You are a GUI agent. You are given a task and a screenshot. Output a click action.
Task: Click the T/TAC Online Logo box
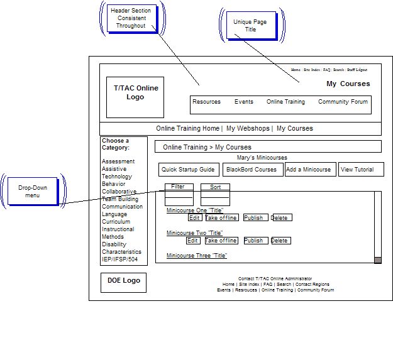point(135,97)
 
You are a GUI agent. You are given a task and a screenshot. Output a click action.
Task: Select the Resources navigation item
point(206,102)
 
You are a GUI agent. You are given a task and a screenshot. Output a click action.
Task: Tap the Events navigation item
point(244,102)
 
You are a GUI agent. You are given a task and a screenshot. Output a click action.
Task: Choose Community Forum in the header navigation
point(343,102)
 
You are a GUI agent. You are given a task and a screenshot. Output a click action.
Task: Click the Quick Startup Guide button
point(188,170)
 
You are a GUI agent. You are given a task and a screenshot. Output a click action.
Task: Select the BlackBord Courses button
point(252,170)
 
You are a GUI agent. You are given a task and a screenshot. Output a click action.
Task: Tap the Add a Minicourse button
point(308,170)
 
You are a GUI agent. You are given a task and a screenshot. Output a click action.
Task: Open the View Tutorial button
point(357,170)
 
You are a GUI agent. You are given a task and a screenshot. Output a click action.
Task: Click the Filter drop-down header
point(178,187)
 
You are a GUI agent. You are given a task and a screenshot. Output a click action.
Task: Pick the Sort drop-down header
point(215,187)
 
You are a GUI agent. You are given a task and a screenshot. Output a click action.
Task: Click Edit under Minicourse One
point(195,218)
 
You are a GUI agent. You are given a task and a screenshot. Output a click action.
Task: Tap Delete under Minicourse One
point(280,218)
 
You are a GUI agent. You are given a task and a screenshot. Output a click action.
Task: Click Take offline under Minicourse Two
point(221,241)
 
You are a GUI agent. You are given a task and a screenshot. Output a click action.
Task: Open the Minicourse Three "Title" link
point(197,256)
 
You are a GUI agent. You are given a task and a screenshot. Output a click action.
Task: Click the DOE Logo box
point(123,281)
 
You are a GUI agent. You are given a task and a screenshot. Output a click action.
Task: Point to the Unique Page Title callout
point(250,26)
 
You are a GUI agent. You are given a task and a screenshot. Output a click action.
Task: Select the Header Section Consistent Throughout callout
point(131,18)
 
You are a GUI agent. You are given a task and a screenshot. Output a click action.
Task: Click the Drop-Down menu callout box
point(32,192)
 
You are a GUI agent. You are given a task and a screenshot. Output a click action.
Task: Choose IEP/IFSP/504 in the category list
point(119,259)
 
